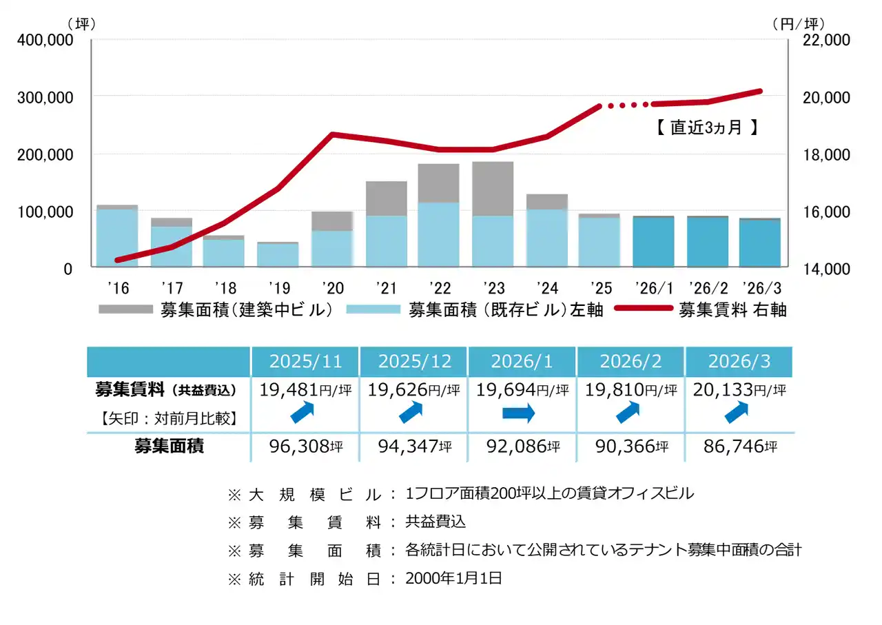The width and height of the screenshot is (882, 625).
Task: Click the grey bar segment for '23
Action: [493, 188]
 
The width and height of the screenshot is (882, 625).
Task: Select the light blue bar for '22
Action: [439, 234]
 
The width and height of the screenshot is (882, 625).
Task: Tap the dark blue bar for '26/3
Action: [759, 243]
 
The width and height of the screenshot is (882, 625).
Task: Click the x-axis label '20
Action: [331, 287]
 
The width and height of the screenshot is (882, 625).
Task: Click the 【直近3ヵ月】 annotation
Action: [706, 127]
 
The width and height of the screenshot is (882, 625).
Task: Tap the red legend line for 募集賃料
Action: [641, 309]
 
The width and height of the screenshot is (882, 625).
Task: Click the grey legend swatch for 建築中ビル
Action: [125, 309]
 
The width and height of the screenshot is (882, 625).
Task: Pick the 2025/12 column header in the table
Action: [413, 361]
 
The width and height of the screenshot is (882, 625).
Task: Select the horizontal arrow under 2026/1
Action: [518, 414]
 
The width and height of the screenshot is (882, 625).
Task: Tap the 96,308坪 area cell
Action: [305, 447]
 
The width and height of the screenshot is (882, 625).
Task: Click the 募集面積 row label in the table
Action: [169, 447]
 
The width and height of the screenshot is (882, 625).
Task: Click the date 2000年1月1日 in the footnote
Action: [454, 578]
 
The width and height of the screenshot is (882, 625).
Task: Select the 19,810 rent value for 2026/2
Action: [615, 390]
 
